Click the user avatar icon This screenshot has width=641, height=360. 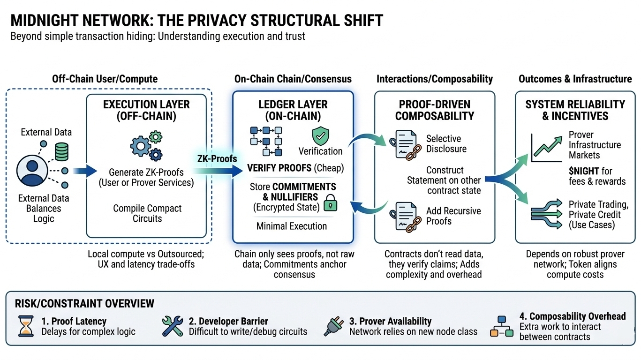32,171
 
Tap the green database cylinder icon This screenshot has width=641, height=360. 61,152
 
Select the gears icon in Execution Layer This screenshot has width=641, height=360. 146,146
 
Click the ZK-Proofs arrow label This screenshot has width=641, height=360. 217,158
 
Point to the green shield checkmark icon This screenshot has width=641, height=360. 321,136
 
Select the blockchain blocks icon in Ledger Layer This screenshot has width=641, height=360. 266,141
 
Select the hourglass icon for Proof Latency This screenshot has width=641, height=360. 26,326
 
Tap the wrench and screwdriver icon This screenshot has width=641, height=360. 172,326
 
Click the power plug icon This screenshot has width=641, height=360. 333,326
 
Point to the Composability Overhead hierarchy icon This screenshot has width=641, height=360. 502,326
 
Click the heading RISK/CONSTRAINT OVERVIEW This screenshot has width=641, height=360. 84,304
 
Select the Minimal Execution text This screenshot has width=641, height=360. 292,226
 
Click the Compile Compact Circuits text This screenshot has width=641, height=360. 147,213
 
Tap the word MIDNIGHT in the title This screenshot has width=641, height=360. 45,21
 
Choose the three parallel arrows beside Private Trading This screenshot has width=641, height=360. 547,214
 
